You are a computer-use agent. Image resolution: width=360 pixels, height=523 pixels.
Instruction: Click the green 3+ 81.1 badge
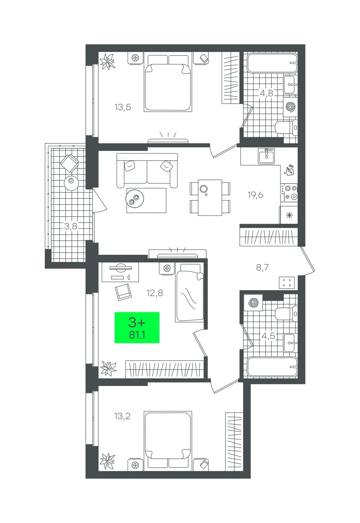click(x=137, y=328)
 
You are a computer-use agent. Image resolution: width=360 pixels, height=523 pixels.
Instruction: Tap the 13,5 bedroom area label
click(x=123, y=108)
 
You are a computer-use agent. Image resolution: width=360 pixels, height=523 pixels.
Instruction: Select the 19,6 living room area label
click(x=255, y=195)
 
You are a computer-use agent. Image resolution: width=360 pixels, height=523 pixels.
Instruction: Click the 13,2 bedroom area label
click(x=122, y=416)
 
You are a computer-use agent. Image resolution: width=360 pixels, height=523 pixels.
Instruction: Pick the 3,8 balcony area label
click(x=71, y=226)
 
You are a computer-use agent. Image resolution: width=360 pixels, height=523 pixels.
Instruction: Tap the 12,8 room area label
click(x=154, y=293)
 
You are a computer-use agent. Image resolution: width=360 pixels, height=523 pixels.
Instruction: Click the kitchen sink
click(x=267, y=156)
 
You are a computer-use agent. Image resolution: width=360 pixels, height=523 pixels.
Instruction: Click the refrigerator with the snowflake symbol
click(x=289, y=215)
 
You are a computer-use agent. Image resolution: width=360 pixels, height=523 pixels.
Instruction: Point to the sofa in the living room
click(x=147, y=170)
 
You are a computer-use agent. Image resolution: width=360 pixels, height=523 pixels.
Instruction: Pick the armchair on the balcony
click(x=70, y=163)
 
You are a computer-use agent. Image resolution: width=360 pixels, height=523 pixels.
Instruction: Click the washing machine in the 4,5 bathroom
click(x=253, y=303)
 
